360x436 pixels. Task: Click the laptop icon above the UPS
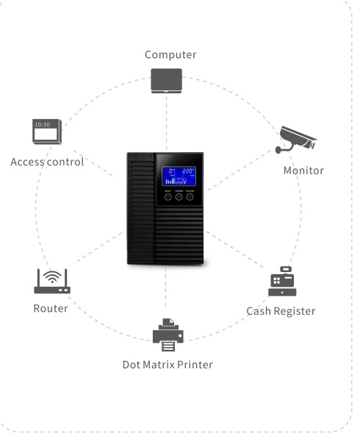pyautogui.click(x=167, y=80)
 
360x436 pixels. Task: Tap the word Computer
pyautogui.click(x=170, y=54)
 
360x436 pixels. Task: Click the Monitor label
pyautogui.click(x=303, y=171)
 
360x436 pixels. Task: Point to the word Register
pyautogui.click(x=294, y=311)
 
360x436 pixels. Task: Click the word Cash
pyautogui.click(x=259, y=311)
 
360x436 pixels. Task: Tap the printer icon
pyautogui.click(x=168, y=335)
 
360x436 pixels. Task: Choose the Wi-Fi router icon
pyautogui.click(x=51, y=282)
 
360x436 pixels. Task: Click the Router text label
pyautogui.click(x=51, y=308)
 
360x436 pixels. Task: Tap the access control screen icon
pyautogui.click(x=47, y=130)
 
